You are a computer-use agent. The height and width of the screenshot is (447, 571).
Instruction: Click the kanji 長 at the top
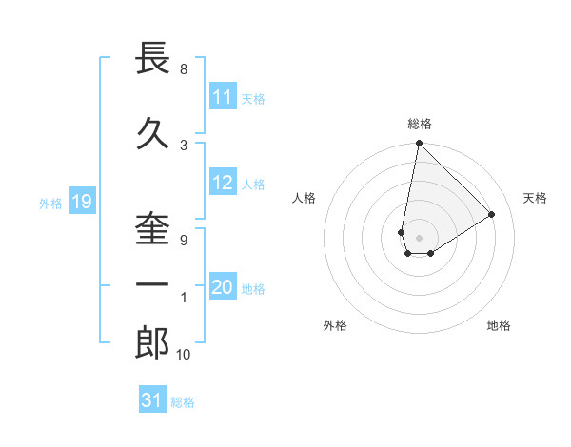pyautogui.click(x=153, y=58)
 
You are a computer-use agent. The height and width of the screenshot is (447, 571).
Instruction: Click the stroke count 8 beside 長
pyautogui.click(x=184, y=69)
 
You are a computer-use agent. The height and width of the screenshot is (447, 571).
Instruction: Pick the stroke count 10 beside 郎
pyautogui.click(x=184, y=355)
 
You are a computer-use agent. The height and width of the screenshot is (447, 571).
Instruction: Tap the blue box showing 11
pyautogui.click(x=223, y=98)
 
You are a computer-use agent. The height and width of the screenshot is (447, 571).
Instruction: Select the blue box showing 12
pyautogui.click(x=223, y=184)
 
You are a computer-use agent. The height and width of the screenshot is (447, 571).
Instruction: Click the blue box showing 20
pyautogui.click(x=223, y=288)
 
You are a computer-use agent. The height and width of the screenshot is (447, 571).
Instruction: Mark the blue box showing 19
pyautogui.click(x=80, y=202)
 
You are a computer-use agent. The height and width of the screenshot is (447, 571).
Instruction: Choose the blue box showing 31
pyautogui.click(x=152, y=400)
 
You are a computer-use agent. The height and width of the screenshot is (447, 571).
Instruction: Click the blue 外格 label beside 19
pyautogui.click(x=50, y=203)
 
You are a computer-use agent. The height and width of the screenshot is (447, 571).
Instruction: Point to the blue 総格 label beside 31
pyautogui.click(x=183, y=401)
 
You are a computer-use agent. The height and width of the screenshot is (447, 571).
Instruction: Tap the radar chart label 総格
pyautogui.click(x=420, y=124)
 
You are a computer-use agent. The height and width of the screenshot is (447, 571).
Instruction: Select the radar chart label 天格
pyautogui.click(x=536, y=198)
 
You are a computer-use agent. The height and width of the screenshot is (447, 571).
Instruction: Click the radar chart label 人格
pyautogui.click(x=305, y=198)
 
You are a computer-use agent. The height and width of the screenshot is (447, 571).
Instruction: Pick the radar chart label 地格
pyautogui.click(x=499, y=325)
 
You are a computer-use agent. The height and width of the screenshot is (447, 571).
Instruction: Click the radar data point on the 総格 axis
pyautogui.click(x=419, y=144)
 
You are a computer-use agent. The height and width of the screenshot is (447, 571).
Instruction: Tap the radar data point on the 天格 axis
pyautogui.click(x=492, y=214)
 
